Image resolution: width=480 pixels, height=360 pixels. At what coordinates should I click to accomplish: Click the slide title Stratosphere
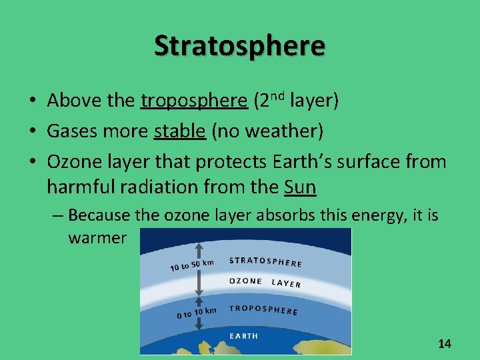click(x=239, y=45)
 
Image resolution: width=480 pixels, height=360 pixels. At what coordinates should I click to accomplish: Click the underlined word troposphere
click(x=194, y=101)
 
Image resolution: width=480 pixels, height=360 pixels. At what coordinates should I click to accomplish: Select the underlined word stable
click(x=179, y=131)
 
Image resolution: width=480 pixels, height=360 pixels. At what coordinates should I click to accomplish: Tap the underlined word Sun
click(x=299, y=187)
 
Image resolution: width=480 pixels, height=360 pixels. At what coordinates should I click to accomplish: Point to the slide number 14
click(x=444, y=344)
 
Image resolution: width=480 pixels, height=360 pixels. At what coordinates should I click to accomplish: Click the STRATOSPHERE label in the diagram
click(x=265, y=262)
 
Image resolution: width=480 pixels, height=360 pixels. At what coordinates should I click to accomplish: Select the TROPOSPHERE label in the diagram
click(x=263, y=310)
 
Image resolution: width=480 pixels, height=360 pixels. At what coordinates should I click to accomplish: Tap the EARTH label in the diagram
click(x=244, y=336)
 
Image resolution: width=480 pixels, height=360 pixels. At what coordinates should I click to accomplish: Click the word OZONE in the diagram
click(x=245, y=281)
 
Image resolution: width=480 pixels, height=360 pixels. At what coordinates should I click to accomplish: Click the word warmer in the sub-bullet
click(x=97, y=238)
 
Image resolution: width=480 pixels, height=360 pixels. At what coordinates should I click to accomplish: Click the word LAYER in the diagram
click(x=286, y=283)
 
